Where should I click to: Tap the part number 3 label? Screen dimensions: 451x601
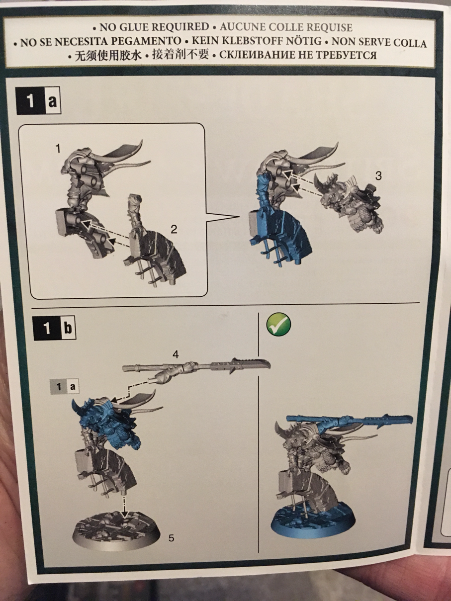378,176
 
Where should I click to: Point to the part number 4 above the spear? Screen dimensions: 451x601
175,354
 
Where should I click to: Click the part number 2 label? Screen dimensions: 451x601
174,230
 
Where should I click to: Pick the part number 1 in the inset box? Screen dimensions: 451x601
58,149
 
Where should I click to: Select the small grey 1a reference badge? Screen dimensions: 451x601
64,387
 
